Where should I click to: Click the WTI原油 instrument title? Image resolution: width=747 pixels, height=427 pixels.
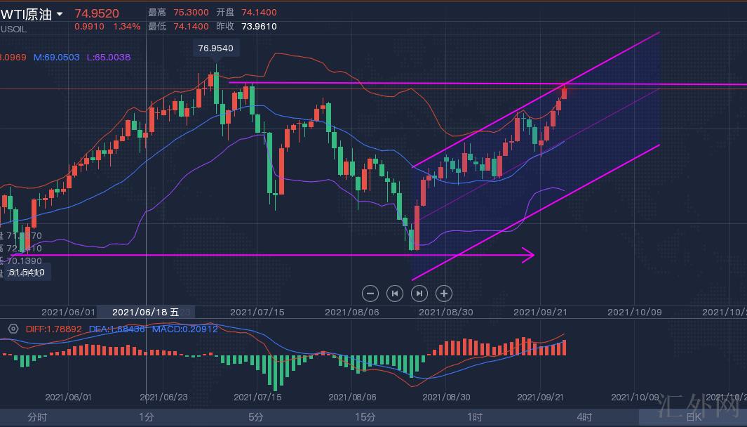[27, 14]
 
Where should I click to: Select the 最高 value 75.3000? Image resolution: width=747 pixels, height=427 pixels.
[194, 13]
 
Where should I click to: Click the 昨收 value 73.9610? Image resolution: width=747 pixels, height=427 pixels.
[259, 27]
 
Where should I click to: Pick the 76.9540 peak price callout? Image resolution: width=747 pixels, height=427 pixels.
[216, 48]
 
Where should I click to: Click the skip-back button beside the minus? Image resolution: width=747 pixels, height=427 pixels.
[395, 294]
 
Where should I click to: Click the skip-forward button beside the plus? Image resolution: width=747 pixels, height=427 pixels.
[419, 294]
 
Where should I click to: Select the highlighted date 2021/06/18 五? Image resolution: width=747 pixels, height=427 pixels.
[146, 312]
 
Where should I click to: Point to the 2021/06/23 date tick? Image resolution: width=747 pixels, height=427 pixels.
[163, 397]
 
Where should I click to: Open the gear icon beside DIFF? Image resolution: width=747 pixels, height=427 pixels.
[13, 329]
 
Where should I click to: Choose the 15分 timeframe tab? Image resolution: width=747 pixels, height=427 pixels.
[365, 417]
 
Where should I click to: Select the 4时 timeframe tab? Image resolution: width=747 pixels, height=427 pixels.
[584, 417]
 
